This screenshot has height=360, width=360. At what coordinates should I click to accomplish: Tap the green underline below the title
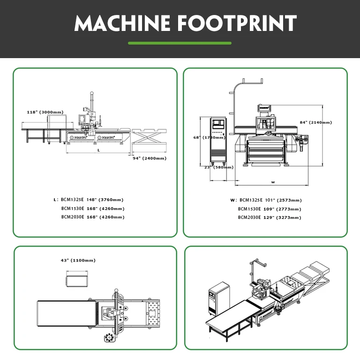click(x=180, y=43)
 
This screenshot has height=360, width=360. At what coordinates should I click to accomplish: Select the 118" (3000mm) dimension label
click(x=45, y=112)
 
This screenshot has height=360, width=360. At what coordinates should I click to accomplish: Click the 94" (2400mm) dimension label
click(x=149, y=158)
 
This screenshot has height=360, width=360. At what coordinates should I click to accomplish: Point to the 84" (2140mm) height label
click(x=315, y=122)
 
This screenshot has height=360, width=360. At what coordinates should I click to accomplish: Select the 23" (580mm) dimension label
click(x=218, y=167)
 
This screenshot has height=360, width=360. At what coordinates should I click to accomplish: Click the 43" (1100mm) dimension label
click(x=78, y=260)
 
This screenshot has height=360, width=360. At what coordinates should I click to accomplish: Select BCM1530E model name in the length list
click(x=72, y=208)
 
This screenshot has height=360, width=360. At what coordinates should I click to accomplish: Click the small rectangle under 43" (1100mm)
click(x=78, y=281)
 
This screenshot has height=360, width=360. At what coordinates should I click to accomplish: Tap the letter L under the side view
click(x=98, y=150)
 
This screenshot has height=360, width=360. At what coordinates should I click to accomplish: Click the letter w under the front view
click(x=272, y=181)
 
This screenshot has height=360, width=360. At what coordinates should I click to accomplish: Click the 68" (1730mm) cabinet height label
click(x=210, y=137)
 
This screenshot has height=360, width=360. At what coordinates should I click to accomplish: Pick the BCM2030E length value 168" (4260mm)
click(x=105, y=217)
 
